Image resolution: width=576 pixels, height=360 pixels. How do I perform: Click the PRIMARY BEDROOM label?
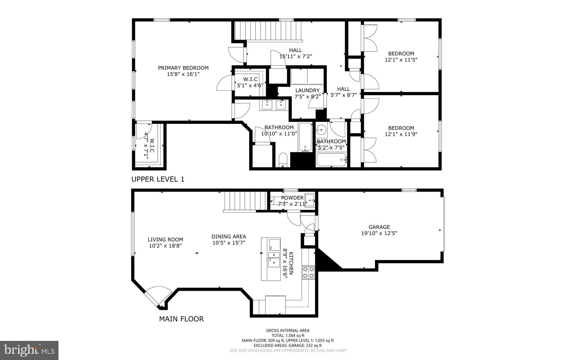pyautogui.click(x=183, y=68)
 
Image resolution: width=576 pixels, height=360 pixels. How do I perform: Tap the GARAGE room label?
pyautogui.click(x=379, y=227)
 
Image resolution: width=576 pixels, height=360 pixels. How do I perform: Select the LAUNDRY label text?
pyautogui.click(x=307, y=90)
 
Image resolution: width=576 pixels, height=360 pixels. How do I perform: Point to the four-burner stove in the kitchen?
pyautogui.click(x=308, y=272)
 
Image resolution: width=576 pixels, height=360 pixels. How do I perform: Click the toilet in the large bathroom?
pyautogui.click(x=282, y=160)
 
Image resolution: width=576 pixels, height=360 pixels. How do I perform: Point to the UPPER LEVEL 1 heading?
pyautogui.click(x=158, y=179)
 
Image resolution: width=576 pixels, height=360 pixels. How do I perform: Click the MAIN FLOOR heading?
pyautogui.click(x=181, y=319)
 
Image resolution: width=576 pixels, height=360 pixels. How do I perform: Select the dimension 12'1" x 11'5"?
pyautogui.click(x=401, y=60)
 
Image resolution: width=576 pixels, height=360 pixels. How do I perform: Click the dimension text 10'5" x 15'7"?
pyautogui.click(x=229, y=243)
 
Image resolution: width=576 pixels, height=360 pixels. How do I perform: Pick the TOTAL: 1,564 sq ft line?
pyautogui.click(x=288, y=336)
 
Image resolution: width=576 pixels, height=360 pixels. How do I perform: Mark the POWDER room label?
pyautogui.click(x=292, y=198)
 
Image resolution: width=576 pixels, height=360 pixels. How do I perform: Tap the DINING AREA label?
pyautogui.click(x=229, y=237)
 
